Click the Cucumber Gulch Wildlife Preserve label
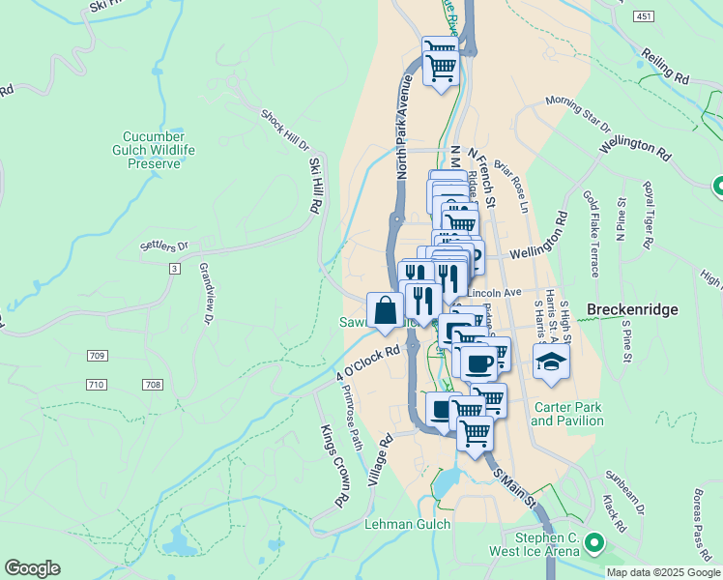tap(159, 150)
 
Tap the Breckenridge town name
tap(633, 309)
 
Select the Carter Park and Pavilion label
tap(567, 414)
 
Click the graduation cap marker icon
tap(551, 362)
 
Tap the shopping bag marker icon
tap(385, 310)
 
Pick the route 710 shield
tap(96, 385)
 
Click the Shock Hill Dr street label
tap(283, 130)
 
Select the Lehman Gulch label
tap(402, 525)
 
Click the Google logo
tap(32, 568)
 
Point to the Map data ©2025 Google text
tap(663, 572)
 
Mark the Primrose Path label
tap(351, 417)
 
